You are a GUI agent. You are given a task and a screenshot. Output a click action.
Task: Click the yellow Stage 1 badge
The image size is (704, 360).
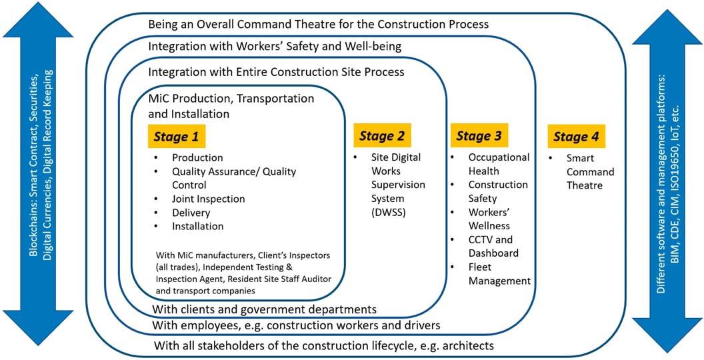click(x=176, y=136)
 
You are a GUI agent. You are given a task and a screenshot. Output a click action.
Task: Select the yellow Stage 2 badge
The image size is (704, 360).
click(x=382, y=136)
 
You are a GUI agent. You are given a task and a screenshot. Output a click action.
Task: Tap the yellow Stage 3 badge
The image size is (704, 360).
click(x=479, y=136)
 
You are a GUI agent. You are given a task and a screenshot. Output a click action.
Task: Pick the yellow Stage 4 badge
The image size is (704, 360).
click(x=576, y=136)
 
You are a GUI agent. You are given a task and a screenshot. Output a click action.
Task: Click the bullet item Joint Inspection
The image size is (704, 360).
click(x=208, y=199)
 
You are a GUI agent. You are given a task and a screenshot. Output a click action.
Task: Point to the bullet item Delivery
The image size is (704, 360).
click(x=191, y=212)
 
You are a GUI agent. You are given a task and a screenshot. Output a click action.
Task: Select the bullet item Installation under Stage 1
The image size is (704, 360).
click(x=197, y=226)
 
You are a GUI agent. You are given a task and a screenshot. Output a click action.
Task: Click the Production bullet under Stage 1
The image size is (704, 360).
click(x=197, y=158)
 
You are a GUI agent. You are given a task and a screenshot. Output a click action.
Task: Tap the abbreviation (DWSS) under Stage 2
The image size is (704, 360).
click(x=389, y=212)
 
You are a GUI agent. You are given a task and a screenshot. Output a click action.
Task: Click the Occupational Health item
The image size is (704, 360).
click(x=499, y=164)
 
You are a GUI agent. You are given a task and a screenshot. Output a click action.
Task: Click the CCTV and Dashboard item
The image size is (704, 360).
click(x=493, y=246)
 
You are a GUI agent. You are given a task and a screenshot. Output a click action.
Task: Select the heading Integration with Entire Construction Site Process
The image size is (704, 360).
click(x=276, y=72)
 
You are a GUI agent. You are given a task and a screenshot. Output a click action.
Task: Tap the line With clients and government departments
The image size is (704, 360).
click(x=264, y=309)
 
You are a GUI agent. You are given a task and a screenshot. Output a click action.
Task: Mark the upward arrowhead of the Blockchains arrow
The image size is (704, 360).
click(x=38, y=21)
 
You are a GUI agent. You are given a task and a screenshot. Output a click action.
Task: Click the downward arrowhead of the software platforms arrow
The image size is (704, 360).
click(x=667, y=335)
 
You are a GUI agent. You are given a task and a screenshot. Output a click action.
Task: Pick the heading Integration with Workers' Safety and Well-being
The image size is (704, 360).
click(x=274, y=46)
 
